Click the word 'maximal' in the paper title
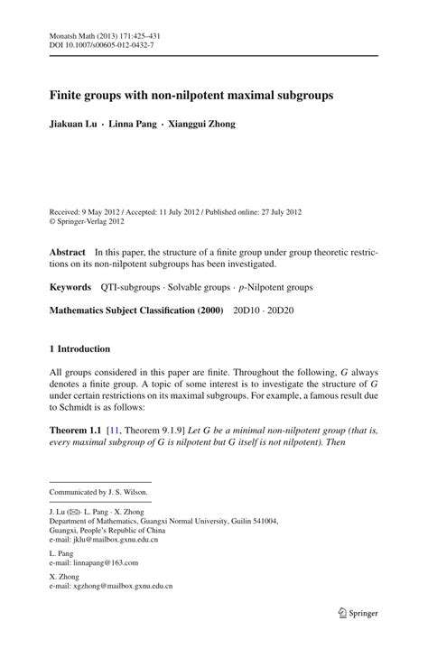pos(234,94)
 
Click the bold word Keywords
pos(70,286)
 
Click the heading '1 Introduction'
pos(79,348)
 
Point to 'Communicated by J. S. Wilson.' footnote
pos(98,492)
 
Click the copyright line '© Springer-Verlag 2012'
pos(86,220)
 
